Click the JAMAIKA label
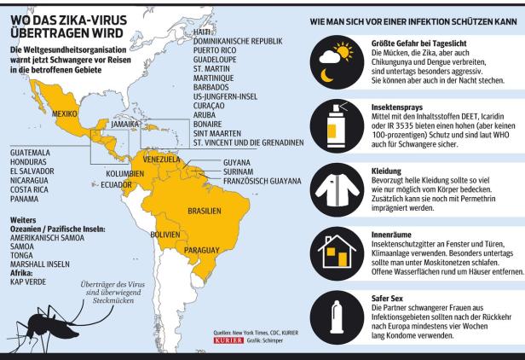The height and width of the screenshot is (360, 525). click(x=125, y=124)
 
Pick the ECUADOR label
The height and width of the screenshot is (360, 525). click(x=117, y=183)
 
